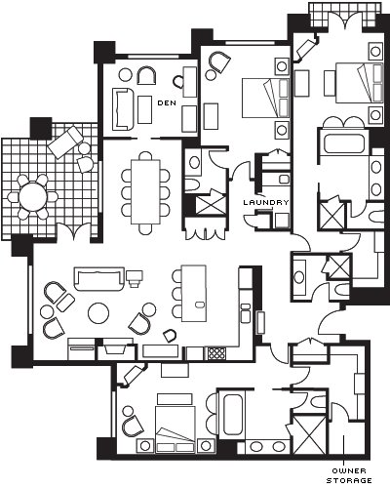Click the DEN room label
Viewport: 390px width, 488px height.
tap(167, 102)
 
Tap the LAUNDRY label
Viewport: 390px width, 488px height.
tap(266, 202)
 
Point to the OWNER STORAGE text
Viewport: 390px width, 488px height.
tap(349, 476)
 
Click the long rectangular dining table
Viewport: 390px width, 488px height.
tap(145, 191)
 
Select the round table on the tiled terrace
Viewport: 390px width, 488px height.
tap(33, 197)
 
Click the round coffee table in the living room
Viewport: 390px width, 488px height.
tap(98, 313)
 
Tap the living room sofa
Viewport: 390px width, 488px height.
tap(99, 278)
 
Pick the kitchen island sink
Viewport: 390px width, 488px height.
tap(199, 305)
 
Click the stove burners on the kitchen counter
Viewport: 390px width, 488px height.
tap(216, 353)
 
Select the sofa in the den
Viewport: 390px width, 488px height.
tap(123, 109)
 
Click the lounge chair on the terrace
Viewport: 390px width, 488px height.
tap(65, 142)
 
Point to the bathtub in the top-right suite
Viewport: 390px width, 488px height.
tap(343, 143)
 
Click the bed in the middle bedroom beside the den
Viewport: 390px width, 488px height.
tap(266, 98)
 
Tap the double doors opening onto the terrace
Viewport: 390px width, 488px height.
tap(74, 231)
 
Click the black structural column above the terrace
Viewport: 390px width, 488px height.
tap(41, 128)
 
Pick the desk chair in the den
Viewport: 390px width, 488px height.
tap(177, 82)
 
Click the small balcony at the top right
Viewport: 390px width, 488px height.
tap(344, 15)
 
